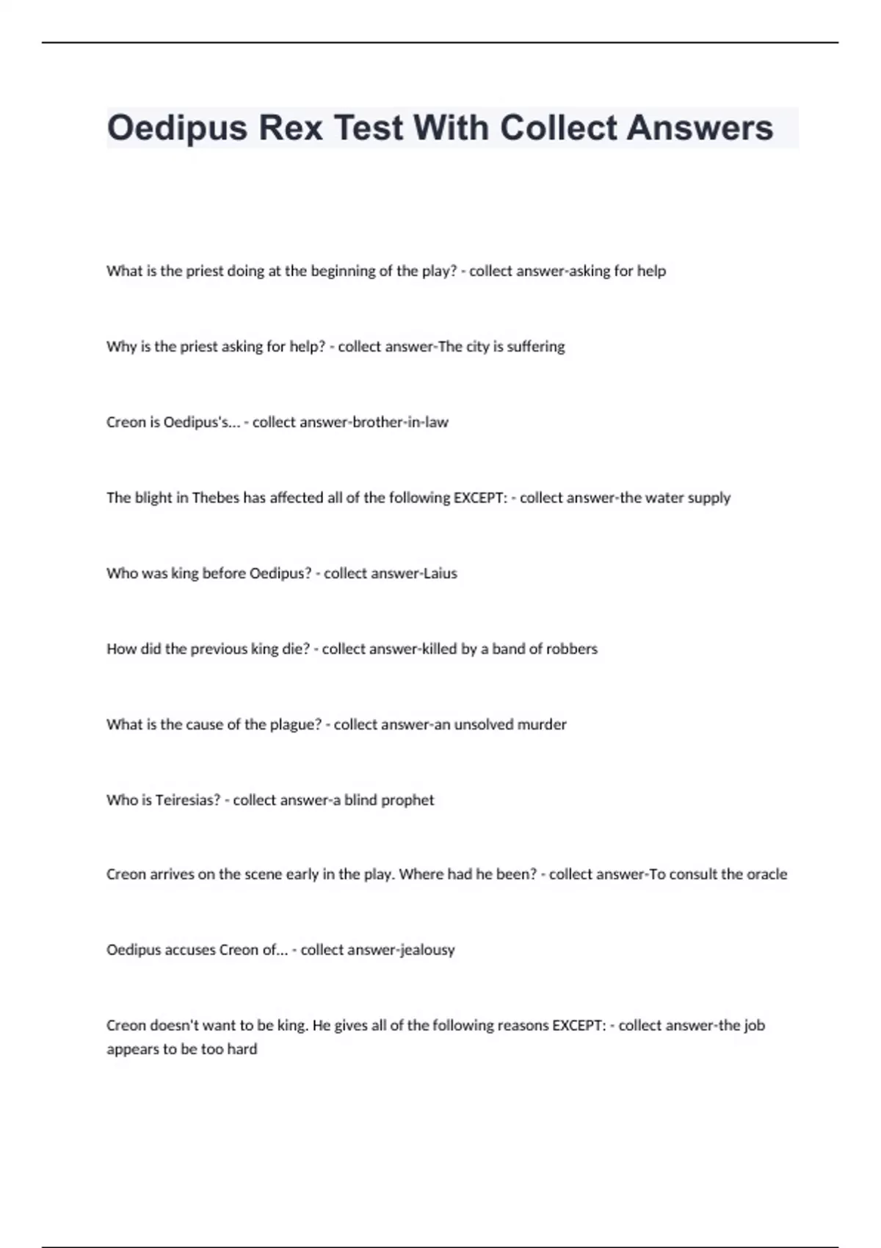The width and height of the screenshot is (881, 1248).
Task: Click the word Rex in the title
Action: pos(291,128)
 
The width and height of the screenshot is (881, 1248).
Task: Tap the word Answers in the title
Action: pos(700,128)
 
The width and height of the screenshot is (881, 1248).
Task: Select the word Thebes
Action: pos(215,498)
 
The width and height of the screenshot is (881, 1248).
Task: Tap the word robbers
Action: pos(572,649)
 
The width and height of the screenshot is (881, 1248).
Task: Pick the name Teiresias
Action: pos(187,800)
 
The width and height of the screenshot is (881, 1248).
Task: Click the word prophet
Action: pos(410,800)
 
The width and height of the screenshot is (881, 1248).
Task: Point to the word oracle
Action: pos(766,874)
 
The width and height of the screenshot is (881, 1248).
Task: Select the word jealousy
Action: pos(427,950)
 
